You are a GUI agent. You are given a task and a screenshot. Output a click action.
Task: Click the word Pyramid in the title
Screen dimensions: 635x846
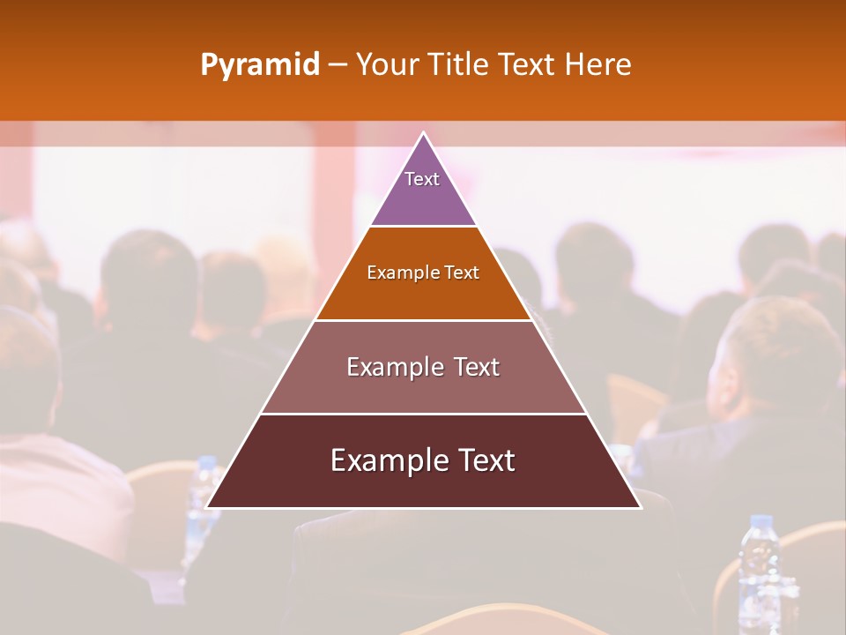click(x=259, y=65)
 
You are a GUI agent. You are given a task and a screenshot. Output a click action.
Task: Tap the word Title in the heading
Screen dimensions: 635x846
click(x=457, y=65)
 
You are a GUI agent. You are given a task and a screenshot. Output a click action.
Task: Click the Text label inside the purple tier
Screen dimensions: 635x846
click(x=422, y=179)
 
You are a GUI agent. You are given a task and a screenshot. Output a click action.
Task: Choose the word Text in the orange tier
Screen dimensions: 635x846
click(x=462, y=273)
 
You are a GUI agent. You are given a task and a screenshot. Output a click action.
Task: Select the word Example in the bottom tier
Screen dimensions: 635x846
click(x=386, y=460)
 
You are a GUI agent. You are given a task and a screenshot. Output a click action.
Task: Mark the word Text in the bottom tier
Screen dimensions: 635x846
click(x=486, y=460)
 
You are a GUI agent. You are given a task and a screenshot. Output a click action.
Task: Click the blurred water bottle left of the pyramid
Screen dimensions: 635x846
click(x=203, y=494)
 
